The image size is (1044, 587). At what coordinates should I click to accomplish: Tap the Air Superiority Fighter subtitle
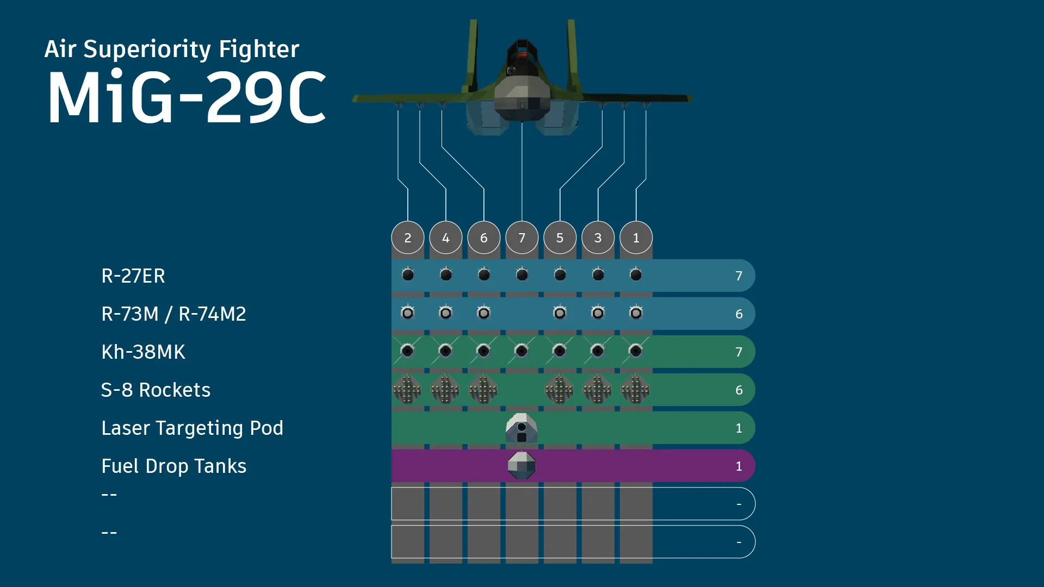coord(172,49)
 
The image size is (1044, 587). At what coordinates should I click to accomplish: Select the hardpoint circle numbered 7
coord(522,238)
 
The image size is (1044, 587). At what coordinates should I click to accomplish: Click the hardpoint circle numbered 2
coord(408,238)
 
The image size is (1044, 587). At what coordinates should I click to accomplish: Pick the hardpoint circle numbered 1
coord(636,238)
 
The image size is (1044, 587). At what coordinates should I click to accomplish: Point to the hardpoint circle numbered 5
coord(560,238)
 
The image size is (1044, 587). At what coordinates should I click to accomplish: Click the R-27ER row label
coord(133,276)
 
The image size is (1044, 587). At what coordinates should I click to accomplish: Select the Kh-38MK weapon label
coord(143,352)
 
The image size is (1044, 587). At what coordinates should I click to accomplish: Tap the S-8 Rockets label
coord(156,390)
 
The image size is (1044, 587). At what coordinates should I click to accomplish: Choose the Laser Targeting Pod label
coord(192,428)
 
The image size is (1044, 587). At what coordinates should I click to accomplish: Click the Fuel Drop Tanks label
coord(173,466)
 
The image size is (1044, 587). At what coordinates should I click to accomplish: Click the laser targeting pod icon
coord(522,428)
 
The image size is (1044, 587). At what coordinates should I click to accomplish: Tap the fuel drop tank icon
coord(522,466)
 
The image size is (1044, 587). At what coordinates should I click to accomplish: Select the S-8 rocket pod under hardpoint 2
coord(408,390)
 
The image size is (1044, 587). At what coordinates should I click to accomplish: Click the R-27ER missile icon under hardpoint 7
coord(522,275)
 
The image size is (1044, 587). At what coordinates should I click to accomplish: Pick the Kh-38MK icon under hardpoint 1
coord(636,351)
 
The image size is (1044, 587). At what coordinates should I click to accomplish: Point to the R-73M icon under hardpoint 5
coord(560,313)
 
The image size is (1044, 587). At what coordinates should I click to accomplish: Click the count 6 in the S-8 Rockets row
coord(738,390)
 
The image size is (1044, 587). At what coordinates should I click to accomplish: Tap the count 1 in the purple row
coord(738,466)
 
